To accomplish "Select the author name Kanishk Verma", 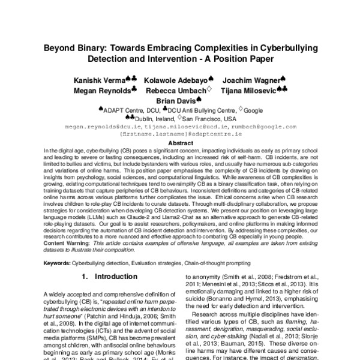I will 99,80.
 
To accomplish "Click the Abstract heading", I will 179,143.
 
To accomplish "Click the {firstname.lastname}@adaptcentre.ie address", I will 179,135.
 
